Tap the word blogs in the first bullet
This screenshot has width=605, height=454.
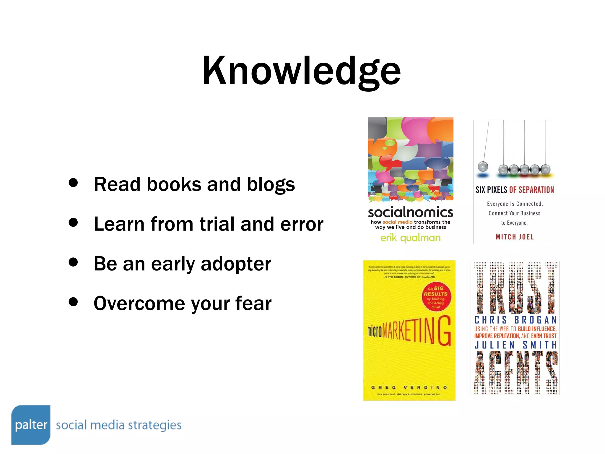coord(271,185)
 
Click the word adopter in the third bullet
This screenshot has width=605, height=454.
coord(236,264)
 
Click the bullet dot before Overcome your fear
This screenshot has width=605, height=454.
coord(73,302)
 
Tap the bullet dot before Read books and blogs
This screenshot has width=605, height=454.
coord(73,182)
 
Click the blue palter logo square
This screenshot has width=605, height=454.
coord(31,425)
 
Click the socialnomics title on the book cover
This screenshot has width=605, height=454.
coord(410,212)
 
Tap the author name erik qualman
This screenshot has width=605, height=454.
coord(410,238)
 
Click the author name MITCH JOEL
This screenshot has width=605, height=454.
coord(515,237)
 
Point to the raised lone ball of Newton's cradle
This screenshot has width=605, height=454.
coord(483,166)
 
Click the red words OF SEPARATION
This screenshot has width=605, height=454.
coord(531,190)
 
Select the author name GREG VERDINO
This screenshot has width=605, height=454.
coord(409,387)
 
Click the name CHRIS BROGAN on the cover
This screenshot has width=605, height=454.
coord(515,320)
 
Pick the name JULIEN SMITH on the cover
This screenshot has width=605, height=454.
coord(515,345)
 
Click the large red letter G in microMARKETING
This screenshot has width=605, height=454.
coord(444,331)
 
